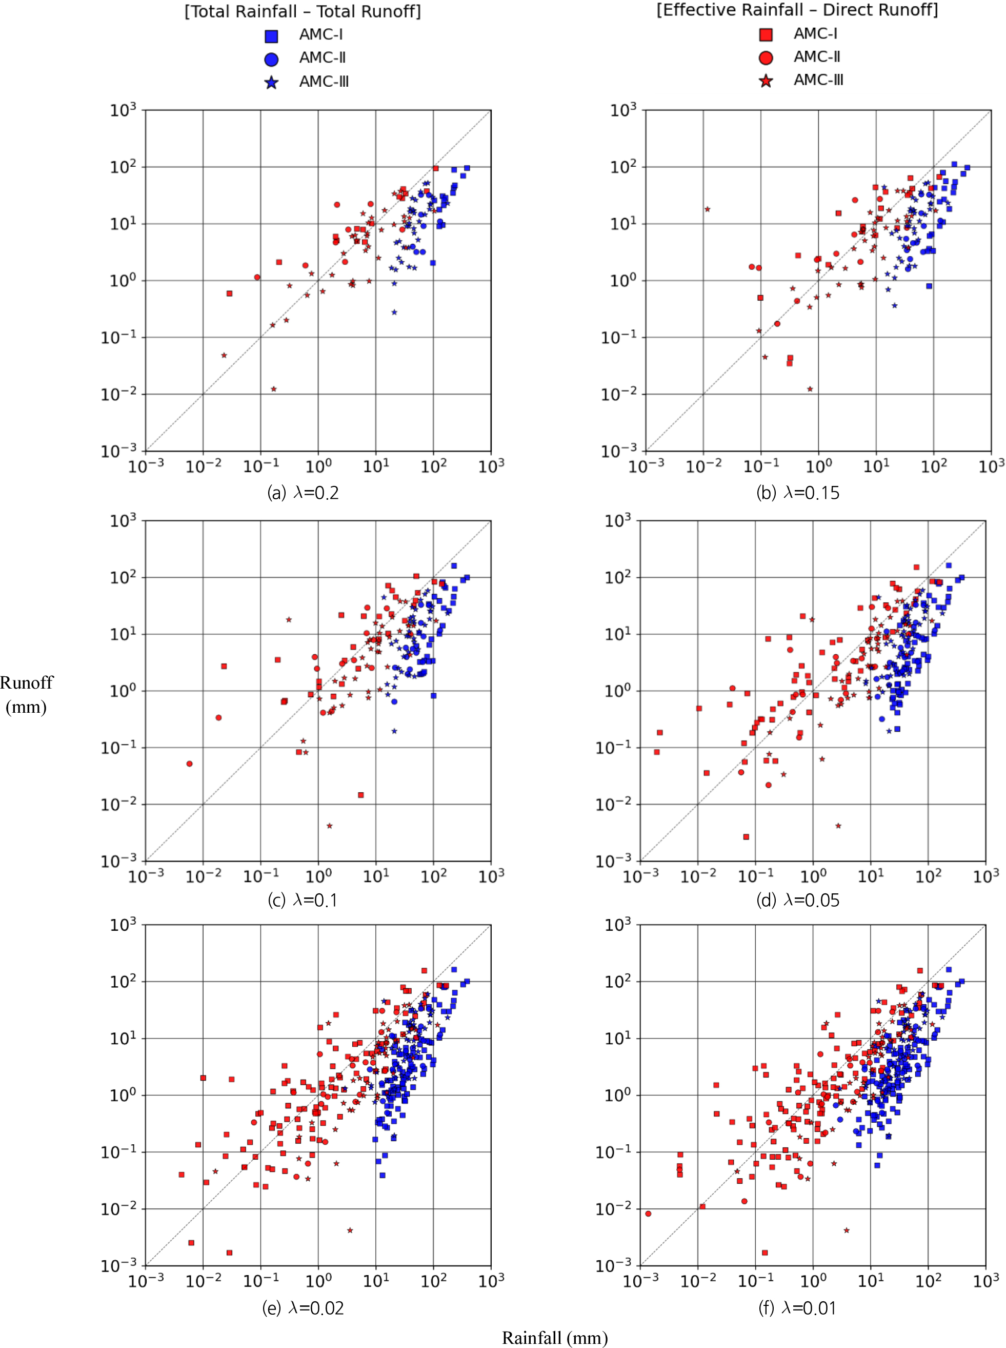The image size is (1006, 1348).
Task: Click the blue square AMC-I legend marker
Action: pyautogui.click(x=272, y=36)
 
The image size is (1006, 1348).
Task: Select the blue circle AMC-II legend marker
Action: pyautogui.click(x=272, y=59)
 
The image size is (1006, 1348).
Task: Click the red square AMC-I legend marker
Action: pyautogui.click(x=766, y=35)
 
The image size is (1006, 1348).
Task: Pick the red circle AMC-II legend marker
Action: pyautogui.click(x=766, y=58)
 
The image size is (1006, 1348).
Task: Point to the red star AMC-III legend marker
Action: pyautogui.click(x=766, y=81)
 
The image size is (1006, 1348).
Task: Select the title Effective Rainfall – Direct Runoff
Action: pyautogui.click(x=797, y=10)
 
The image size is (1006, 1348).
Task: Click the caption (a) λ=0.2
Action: pyautogui.click(x=303, y=493)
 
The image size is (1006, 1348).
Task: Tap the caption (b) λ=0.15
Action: pyautogui.click(x=797, y=493)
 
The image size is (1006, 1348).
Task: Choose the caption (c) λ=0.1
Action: pyautogui.click(x=303, y=900)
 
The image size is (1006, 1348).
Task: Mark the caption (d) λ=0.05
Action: pyautogui.click(x=797, y=900)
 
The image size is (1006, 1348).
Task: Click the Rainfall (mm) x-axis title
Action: pyautogui.click(x=555, y=1338)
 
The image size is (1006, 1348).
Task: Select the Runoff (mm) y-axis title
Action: pyautogui.click(x=26, y=695)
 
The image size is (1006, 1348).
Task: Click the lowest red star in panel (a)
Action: pyautogui.click(x=273, y=389)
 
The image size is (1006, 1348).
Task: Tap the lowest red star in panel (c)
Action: pyautogui.click(x=330, y=826)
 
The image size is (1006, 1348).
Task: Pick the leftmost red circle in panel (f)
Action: pyautogui.click(x=648, y=1214)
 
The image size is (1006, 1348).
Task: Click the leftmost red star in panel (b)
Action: pyautogui.click(x=707, y=209)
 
